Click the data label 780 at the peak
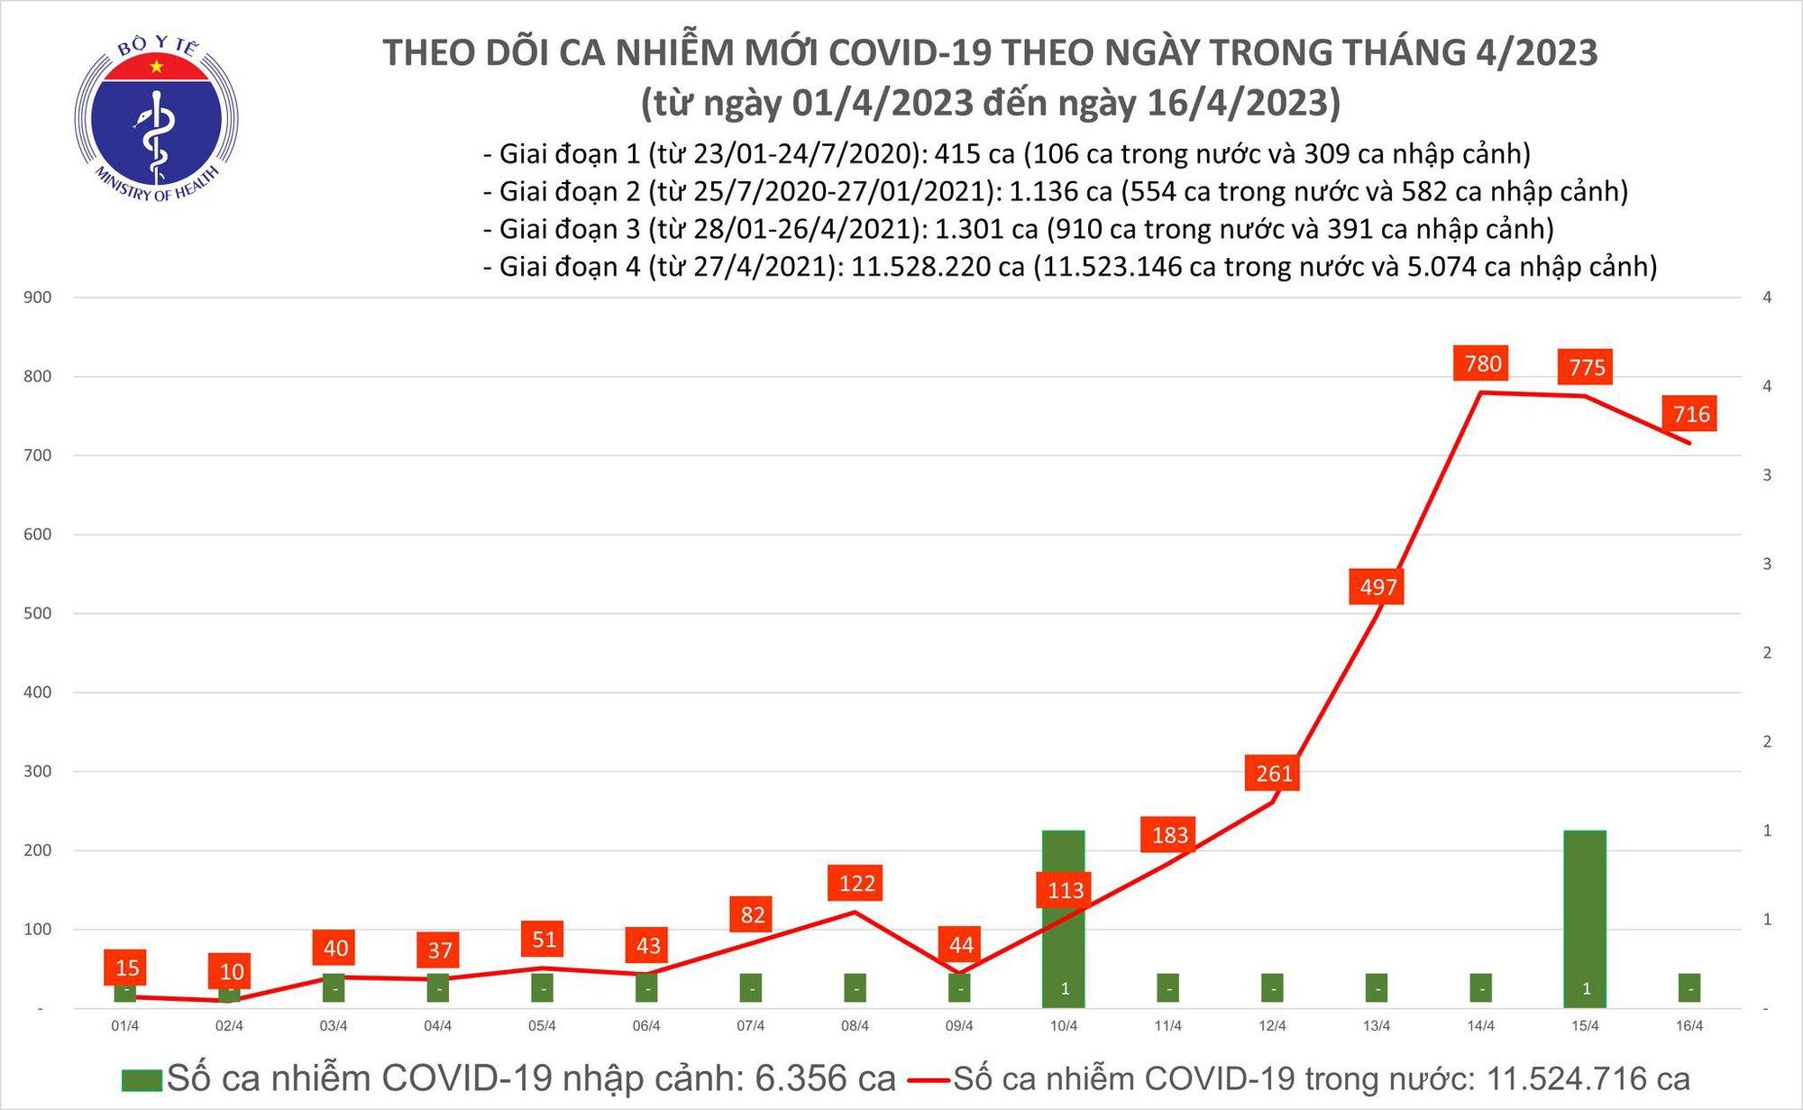coord(1483,363)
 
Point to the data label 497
coord(1377,587)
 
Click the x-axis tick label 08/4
coord(855,1026)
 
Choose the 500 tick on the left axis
coord(37,613)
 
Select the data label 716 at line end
coord(1690,414)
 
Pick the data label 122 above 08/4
coord(856,883)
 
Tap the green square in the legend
coord(142,1079)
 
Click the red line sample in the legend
coord(929,1079)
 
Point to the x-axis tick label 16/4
coord(1689,1026)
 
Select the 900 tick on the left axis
coord(37,298)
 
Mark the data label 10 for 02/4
coord(232,971)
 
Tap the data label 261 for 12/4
coord(1274,773)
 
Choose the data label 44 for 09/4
coord(961,944)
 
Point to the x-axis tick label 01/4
coord(125,1026)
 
